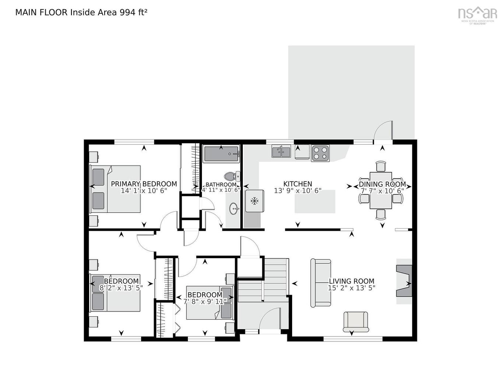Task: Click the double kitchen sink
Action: [x=281, y=151]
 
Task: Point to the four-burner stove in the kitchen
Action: [x=320, y=153]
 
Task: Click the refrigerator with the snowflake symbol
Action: [x=254, y=201]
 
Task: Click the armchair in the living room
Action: [x=355, y=321]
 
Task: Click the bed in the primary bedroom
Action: [x=115, y=189]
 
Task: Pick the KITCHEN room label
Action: [x=298, y=184]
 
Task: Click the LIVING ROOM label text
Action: [x=351, y=281]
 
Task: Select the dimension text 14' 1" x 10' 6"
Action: [x=144, y=191]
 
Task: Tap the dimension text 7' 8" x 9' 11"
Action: [x=205, y=302]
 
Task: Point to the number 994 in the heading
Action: [x=128, y=12]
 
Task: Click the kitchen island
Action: [x=315, y=201]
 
